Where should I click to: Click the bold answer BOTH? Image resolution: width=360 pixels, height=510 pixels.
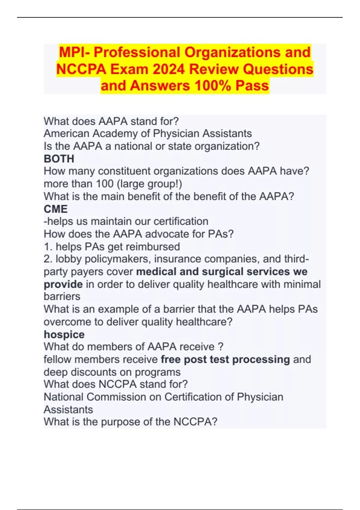59,159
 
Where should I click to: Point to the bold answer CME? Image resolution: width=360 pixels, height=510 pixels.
56,209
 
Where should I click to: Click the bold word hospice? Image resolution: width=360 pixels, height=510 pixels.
64,334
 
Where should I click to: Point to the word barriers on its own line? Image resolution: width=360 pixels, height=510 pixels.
62,296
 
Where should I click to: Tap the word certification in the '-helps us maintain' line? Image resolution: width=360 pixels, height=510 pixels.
181,221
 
